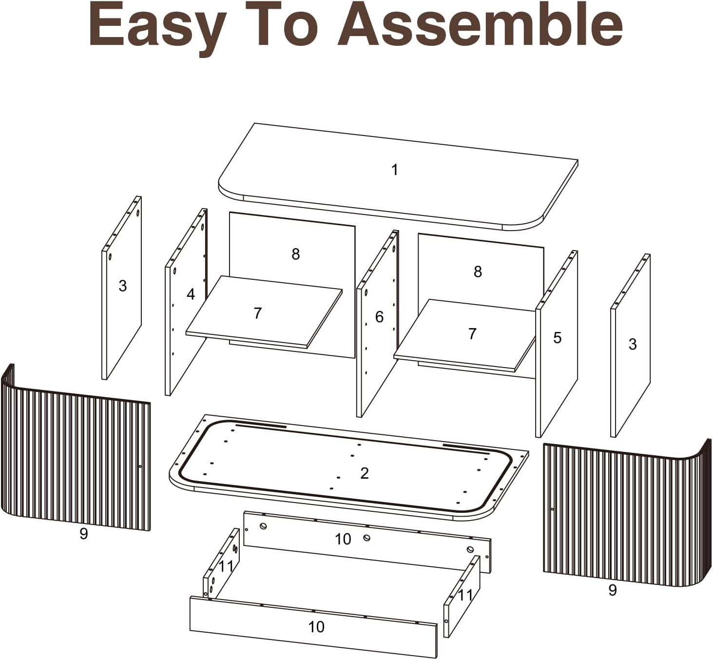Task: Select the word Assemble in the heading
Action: (480, 24)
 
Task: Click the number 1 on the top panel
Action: (395, 170)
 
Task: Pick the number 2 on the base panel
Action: (365, 473)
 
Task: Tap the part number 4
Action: (191, 294)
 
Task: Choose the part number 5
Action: (557, 337)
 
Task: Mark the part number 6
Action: (379, 317)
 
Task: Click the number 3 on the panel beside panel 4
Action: (123, 286)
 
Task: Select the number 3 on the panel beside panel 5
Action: (633, 344)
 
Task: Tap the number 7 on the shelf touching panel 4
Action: (257, 313)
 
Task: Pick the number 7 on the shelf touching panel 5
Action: (472, 333)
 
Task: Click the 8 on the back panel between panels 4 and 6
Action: (295, 254)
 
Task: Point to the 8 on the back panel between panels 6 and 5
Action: (478, 272)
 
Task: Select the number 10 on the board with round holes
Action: (343, 539)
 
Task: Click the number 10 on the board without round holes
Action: (316, 626)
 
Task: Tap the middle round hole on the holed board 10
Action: (366, 538)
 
